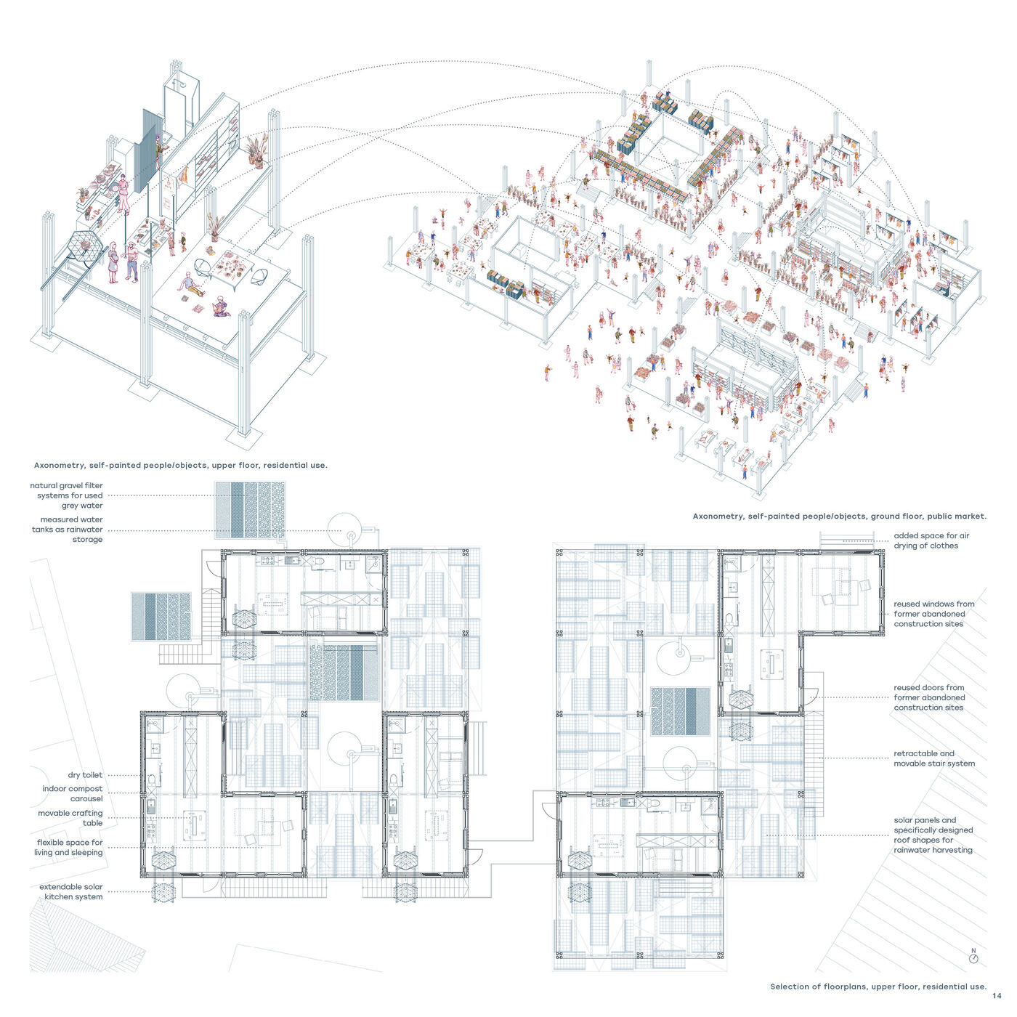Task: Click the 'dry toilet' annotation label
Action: coord(85,775)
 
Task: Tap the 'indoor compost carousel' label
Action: coord(73,793)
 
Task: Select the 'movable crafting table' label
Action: coord(70,817)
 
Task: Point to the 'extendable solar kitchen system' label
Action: coord(71,891)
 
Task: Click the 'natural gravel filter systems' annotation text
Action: coord(67,495)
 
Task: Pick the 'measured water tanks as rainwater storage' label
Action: coord(67,530)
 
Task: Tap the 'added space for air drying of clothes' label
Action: coord(931,540)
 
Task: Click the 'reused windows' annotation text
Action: coord(934,614)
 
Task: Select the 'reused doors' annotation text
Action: coord(929,697)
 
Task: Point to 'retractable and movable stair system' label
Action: coord(934,758)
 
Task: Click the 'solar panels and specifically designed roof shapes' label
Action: coord(933,835)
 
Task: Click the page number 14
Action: coord(997,996)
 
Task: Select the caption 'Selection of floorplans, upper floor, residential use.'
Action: coord(878,986)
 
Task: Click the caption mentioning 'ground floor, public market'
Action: coord(839,516)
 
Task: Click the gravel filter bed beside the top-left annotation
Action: coord(250,510)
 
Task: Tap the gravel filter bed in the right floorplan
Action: coord(681,711)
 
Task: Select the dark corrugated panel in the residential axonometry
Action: coord(147,152)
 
